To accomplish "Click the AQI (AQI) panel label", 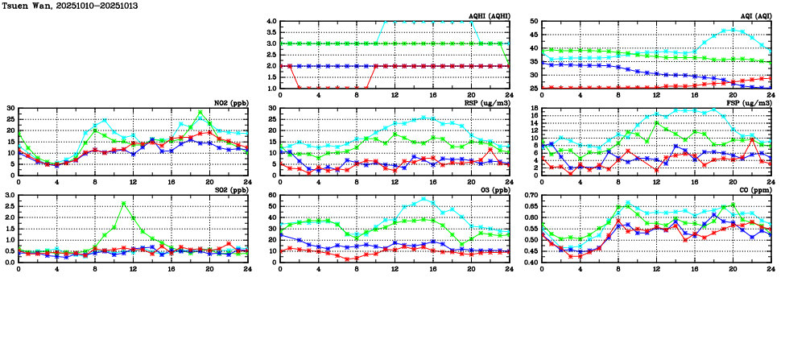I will pos(755,16).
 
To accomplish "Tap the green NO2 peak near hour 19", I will pos(200,112).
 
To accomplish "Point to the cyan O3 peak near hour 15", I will pos(423,199).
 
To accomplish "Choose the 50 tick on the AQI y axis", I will pos(535,22).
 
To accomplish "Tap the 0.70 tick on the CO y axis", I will pos(531,196).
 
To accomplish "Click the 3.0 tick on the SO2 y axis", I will pos(10,196).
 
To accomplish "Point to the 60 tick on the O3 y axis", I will pos(272,196).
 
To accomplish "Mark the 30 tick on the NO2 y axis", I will pos(10,109).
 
